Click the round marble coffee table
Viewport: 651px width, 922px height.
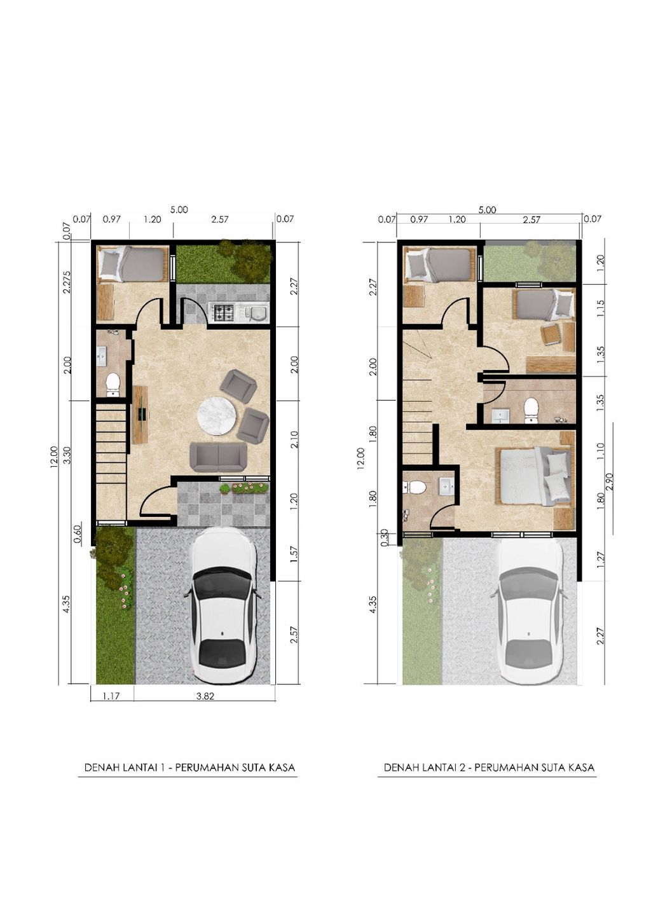[216, 415]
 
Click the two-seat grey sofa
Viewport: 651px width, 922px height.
[218, 457]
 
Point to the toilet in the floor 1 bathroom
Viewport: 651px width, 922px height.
[113, 385]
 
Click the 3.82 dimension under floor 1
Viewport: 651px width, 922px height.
[205, 696]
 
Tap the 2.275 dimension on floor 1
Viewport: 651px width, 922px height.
[67, 282]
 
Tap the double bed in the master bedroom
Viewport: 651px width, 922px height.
[535, 477]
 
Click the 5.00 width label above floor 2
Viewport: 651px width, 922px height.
[487, 210]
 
